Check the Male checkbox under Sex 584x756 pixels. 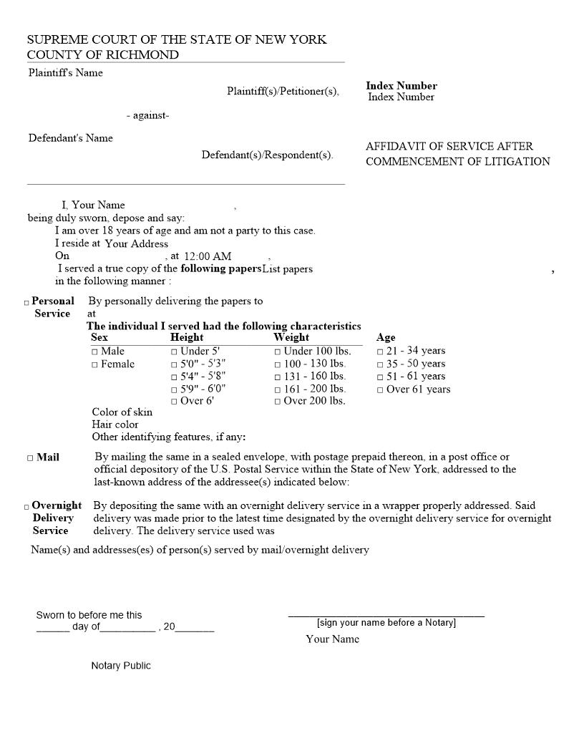[x=94, y=352]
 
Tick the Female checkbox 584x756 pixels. [x=94, y=365]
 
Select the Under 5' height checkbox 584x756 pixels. [x=174, y=352]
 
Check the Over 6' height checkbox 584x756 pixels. [x=174, y=402]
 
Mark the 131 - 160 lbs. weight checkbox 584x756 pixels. [x=278, y=377]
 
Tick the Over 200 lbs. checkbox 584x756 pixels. [x=278, y=402]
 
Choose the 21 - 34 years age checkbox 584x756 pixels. [x=380, y=352]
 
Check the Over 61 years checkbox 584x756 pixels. [x=380, y=390]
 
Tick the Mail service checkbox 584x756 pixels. [x=30, y=458]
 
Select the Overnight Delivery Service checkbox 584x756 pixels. [x=26, y=507]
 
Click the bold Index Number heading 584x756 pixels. [x=401, y=86]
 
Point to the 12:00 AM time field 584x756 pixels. [x=208, y=256]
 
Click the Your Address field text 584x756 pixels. [x=136, y=243]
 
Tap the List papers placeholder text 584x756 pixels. [x=287, y=269]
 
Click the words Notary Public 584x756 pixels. [x=121, y=666]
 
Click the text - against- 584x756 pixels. [x=147, y=115]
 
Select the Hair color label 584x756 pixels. [x=115, y=425]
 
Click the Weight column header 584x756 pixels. [x=291, y=337]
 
